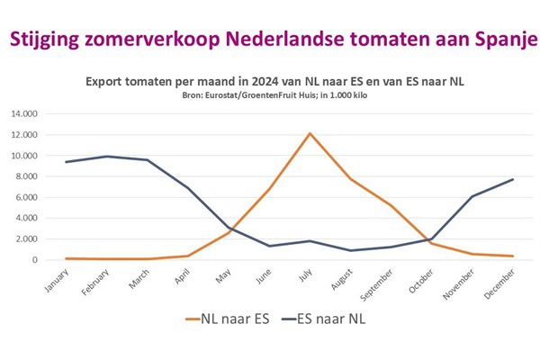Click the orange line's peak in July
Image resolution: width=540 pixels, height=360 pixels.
pyautogui.click(x=310, y=133)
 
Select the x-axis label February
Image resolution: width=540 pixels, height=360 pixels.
pyautogui.click(x=97, y=279)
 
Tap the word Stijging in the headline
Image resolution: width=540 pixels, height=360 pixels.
pyautogui.click(x=46, y=40)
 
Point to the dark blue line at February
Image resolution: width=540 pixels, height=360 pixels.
pyautogui.click(x=107, y=157)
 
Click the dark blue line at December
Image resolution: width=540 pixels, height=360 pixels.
pyautogui.click(x=513, y=179)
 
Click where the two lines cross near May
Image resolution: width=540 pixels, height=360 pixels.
pyautogui.click(x=231, y=230)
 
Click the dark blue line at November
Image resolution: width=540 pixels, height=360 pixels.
pyautogui.click(x=472, y=196)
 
